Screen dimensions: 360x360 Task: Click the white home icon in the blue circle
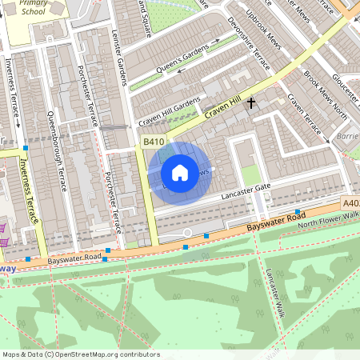point(180,173)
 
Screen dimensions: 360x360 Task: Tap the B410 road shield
point(154,142)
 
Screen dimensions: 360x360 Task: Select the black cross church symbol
point(251,102)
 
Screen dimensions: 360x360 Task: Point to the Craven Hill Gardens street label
point(168,113)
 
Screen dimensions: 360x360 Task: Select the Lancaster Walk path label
point(276,293)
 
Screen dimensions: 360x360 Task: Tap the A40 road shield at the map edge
point(350,205)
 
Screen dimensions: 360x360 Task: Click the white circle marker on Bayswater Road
point(187,233)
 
